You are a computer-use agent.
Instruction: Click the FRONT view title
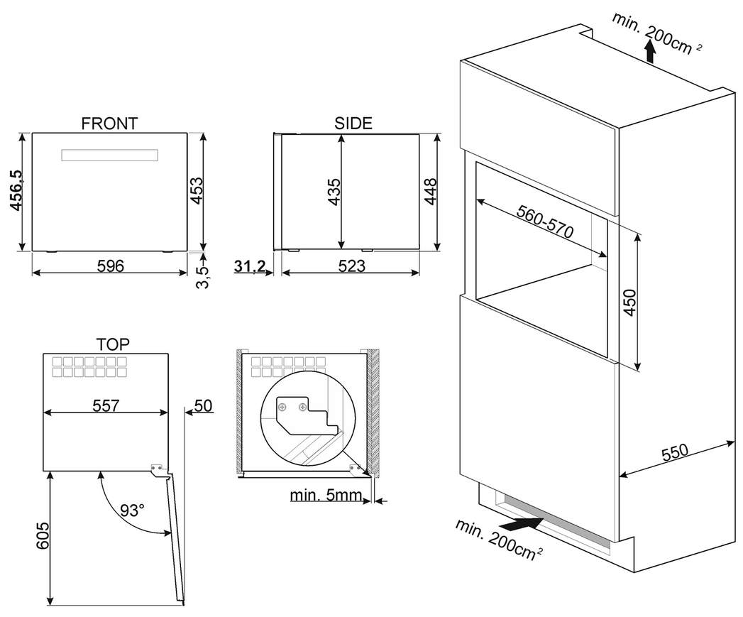109,124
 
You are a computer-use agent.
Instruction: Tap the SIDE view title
353,123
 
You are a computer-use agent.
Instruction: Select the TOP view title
113,344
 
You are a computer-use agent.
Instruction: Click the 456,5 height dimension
15,190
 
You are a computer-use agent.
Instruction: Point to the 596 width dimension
110,266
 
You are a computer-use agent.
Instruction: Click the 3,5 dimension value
202,273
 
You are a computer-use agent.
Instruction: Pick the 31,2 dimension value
250,266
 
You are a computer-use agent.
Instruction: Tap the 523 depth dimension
351,266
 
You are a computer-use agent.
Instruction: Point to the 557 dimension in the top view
106,405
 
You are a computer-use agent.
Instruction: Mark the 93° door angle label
132,510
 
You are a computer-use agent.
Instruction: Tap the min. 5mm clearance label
326,495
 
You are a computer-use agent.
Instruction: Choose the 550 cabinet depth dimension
675,452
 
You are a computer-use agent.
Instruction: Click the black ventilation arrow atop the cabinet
650,51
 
